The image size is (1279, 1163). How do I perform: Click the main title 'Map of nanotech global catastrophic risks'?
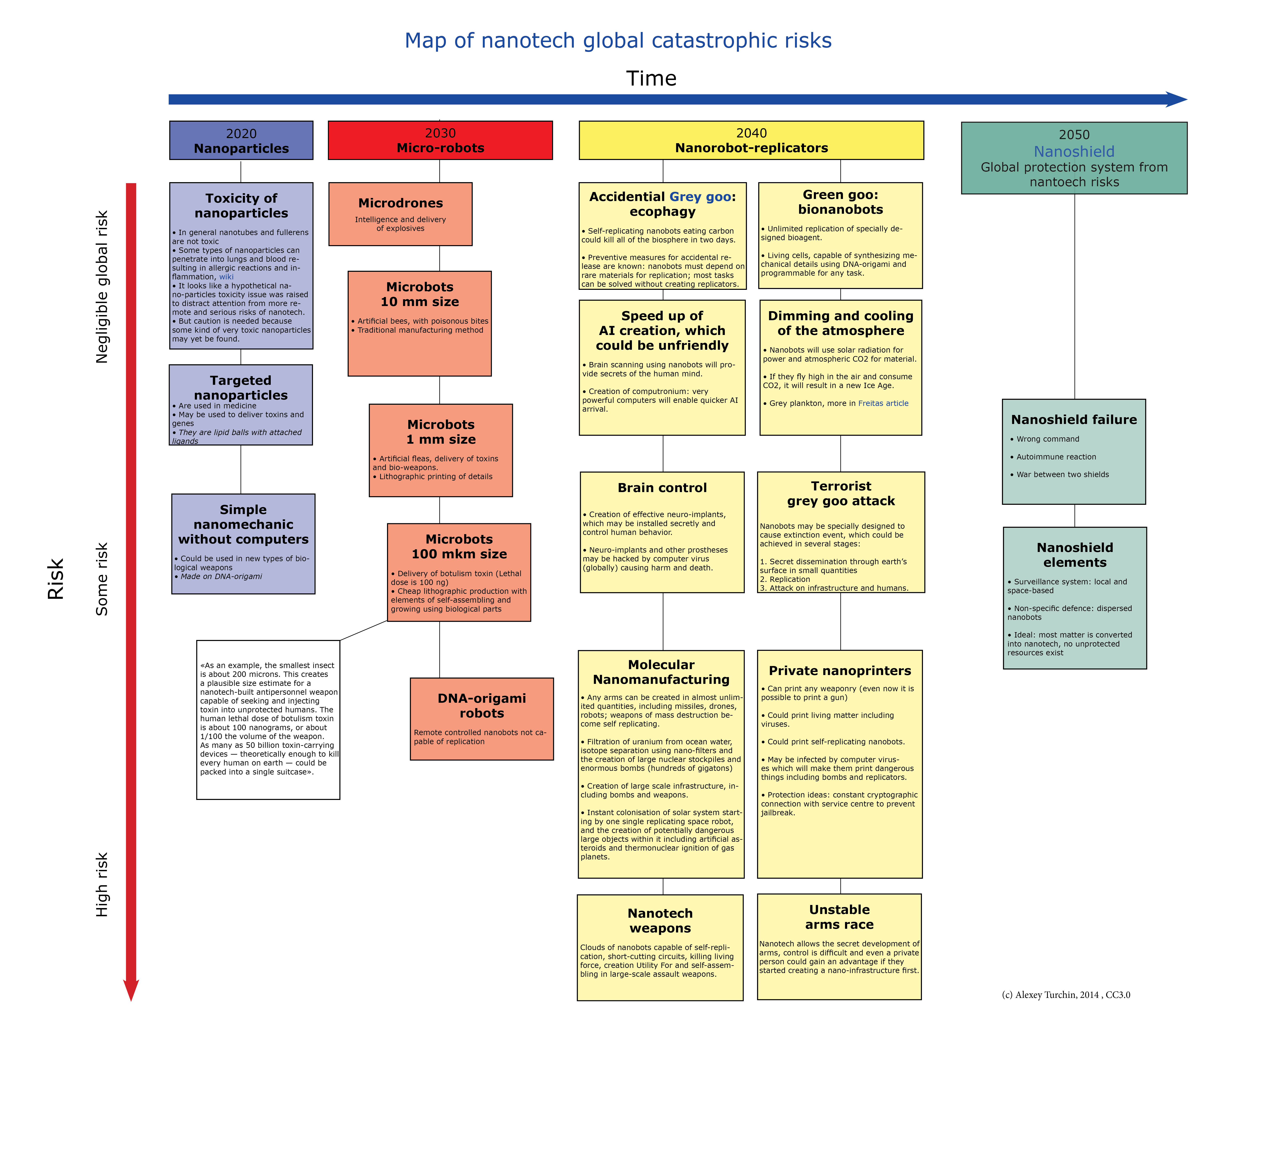tap(618, 41)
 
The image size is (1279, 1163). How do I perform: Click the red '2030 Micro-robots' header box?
tap(440, 140)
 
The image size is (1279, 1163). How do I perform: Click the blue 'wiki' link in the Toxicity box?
tap(226, 277)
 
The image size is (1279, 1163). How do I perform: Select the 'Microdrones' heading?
tap(400, 203)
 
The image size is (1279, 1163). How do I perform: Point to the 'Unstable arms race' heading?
tap(839, 917)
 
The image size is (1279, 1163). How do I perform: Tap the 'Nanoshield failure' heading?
tap(1073, 419)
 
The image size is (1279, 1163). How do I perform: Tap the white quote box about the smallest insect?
tap(268, 720)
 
